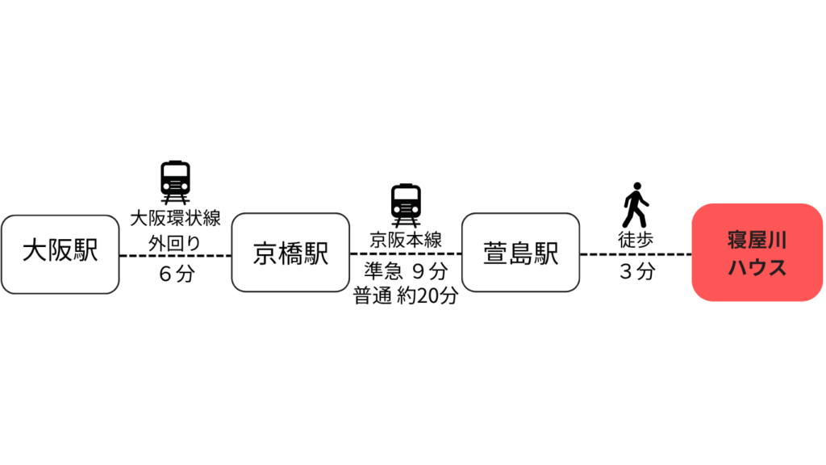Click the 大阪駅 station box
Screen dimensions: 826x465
60,254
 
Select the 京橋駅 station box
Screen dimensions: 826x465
290,253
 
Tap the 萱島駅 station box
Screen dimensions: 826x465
521,253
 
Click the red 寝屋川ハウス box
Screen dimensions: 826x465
757,253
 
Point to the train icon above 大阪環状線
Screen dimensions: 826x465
175,182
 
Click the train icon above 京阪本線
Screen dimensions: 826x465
406,205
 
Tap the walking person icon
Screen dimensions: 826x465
636,205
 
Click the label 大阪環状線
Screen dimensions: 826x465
175,218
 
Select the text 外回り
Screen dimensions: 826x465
175,244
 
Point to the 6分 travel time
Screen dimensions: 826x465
177,274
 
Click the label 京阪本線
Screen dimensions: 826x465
406,240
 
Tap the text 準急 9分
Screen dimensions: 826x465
406,271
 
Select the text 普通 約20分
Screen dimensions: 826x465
406,295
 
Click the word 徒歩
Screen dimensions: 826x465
636,240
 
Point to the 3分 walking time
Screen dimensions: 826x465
637,271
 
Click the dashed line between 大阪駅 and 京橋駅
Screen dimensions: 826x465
175,256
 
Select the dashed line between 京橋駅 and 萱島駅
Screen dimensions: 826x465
406,253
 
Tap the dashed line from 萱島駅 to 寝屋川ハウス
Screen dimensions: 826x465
636,254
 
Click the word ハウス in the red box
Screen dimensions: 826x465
757,267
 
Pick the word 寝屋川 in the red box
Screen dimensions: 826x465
757,240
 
